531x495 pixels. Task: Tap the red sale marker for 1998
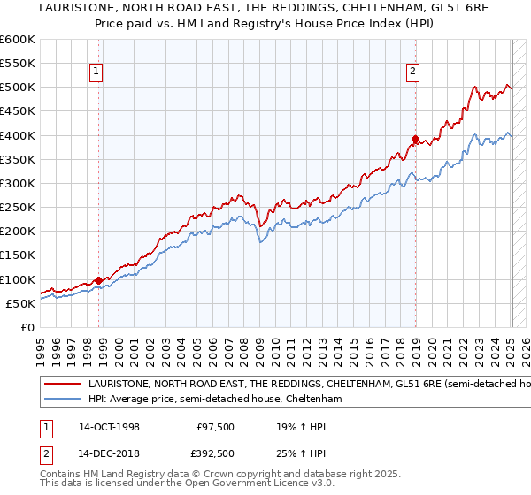pyautogui.click(x=98, y=280)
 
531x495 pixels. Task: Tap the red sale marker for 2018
pyautogui.click(x=415, y=139)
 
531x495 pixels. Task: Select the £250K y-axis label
pyautogui.click(x=19, y=208)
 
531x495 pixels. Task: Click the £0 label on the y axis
pyautogui.click(x=27, y=328)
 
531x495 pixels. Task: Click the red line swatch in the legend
pyautogui.click(x=63, y=385)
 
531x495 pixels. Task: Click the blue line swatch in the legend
pyautogui.click(x=63, y=400)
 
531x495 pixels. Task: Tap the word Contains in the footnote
pyautogui.click(x=63, y=475)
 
